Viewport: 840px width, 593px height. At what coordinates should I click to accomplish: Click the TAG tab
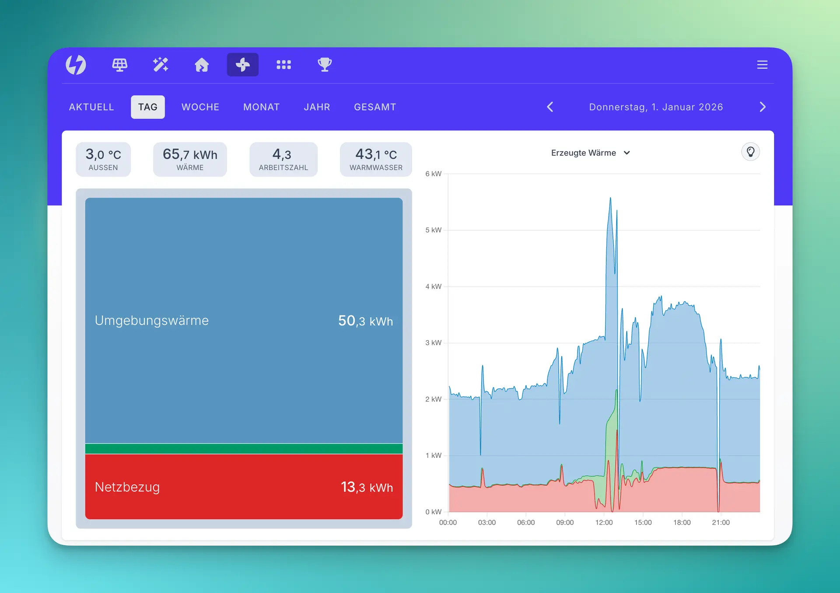pos(148,107)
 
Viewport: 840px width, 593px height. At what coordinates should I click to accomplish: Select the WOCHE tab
pos(200,107)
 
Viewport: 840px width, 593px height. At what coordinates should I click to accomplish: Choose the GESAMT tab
pos(375,107)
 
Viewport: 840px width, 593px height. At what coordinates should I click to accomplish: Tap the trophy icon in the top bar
pos(325,65)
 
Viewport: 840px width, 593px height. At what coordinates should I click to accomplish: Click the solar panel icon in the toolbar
pos(119,65)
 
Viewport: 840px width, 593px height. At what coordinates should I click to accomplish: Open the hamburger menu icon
pos(762,65)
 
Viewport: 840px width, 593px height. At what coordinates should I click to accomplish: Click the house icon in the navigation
pos(202,65)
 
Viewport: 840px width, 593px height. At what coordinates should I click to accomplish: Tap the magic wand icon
pos(161,65)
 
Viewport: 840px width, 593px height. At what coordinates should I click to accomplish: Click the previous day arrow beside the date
pos(550,107)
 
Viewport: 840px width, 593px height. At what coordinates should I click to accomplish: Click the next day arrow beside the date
pos(763,107)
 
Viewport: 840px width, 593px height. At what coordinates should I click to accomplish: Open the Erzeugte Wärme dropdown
pos(590,153)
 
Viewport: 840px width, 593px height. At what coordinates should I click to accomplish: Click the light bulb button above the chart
pos(750,152)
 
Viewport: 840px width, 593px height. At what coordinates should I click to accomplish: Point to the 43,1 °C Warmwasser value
pos(376,154)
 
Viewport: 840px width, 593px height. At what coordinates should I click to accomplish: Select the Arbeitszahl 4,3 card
pos(283,159)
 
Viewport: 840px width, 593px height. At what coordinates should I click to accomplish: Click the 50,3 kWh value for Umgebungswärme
pos(365,321)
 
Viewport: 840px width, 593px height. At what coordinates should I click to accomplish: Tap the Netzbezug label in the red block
pos(127,487)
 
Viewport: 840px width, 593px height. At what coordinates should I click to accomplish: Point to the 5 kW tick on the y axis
pos(433,230)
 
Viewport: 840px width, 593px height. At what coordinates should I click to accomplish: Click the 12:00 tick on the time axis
pos(604,523)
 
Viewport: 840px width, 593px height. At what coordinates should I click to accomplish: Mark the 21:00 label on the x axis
pos(721,523)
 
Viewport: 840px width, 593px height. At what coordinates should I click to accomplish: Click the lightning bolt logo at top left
pos(76,65)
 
